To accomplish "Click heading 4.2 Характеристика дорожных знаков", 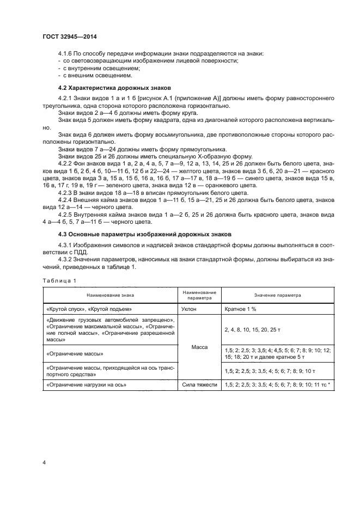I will (x=114, y=88).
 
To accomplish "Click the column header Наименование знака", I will (x=109, y=295).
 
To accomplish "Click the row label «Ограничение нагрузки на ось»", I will (x=87, y=385).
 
